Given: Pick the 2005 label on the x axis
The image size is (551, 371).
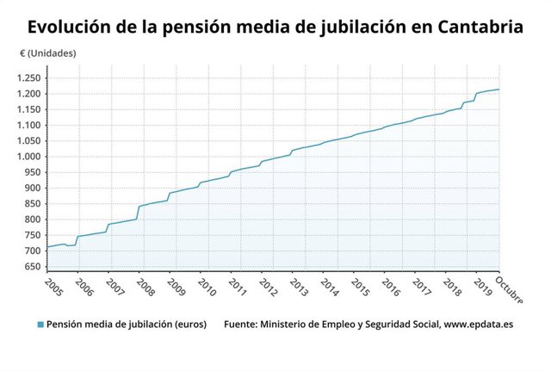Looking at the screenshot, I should tap(54, 286).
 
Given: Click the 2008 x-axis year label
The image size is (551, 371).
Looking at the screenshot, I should tap(145, 286).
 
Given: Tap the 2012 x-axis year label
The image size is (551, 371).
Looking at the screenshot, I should tap(267, 286).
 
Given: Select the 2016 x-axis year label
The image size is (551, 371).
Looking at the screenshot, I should tap(389, 286).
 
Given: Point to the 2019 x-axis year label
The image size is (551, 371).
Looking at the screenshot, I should tap(480, 286).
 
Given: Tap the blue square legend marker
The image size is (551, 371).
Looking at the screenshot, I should tap(40, 325).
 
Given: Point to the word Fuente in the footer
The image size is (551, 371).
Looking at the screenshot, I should tap(244, 325).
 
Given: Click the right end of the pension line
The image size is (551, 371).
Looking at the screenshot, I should tap(499, 90).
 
